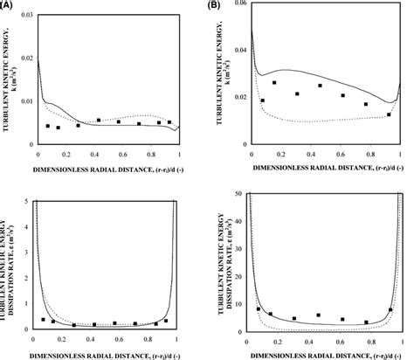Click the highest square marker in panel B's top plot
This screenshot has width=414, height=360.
click(274, 83)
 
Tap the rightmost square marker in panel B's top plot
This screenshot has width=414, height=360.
click(389, 114)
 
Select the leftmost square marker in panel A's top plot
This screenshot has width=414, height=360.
click(47, 126)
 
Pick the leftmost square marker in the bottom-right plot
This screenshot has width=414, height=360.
click(259, 309)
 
